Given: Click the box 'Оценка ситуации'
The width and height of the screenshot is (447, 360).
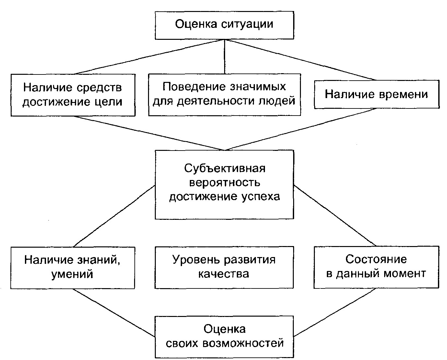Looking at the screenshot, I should point(224,25).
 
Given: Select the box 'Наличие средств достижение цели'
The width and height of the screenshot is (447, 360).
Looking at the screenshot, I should point(73,95).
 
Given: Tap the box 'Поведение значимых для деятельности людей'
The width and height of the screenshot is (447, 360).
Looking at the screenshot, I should point(224,94).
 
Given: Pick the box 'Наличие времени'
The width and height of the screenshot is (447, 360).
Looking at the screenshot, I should point(376,94).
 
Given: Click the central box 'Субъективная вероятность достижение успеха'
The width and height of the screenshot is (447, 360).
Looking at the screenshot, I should point(224,184).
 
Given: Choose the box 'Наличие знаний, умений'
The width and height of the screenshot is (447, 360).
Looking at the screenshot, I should point(73,267).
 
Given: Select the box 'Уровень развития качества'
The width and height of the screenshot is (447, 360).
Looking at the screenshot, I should point(224,267).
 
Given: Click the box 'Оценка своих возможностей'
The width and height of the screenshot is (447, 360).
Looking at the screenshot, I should point(224,337).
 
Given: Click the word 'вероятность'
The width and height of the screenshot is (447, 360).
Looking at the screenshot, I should point(224,183).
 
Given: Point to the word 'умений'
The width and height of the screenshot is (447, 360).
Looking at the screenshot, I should point(72,275).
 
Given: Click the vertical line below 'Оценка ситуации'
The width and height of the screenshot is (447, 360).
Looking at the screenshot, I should point(224,56).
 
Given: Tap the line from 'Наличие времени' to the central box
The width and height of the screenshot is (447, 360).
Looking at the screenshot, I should point(301,129).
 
